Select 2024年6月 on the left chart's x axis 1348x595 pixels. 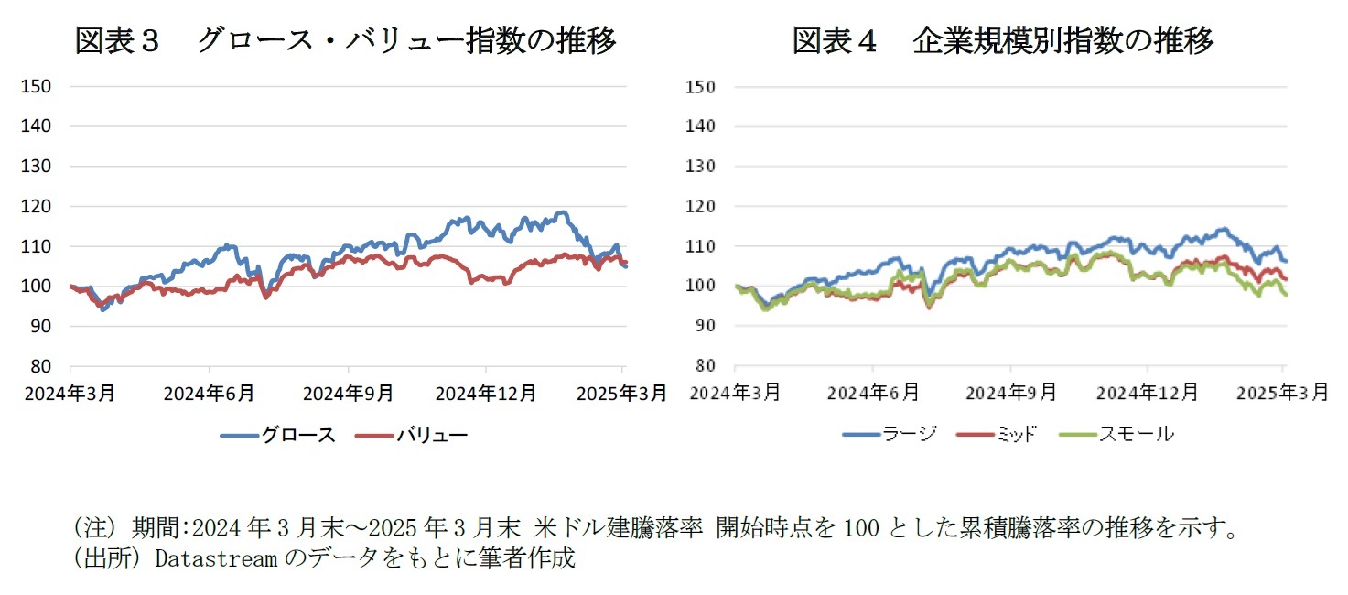pyautogui.click(x=210, y=393)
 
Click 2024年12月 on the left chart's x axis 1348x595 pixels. pyautogui.click(x=485, y=393)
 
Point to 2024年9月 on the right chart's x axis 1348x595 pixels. pyautogui.click(x=1011, y=393)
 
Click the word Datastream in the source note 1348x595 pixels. pyautogui.click(x=215, y=557)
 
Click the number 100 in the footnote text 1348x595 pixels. pyautogui.click(x=859, y=528)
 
